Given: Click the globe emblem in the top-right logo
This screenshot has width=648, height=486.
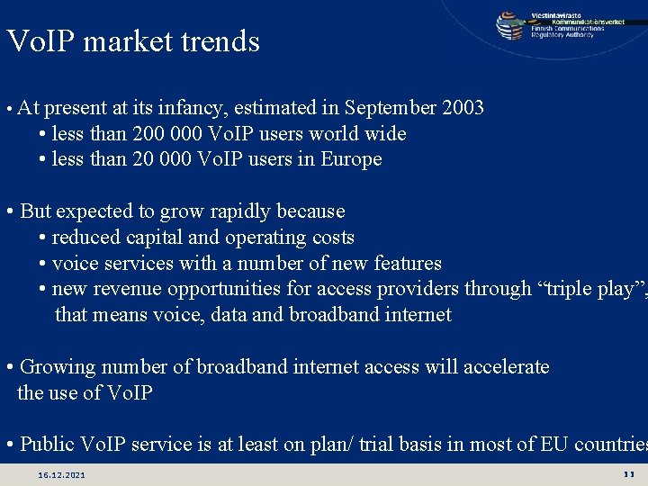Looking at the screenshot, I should coord(510,25).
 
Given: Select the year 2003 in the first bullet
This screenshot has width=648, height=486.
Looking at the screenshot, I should coord(463,108).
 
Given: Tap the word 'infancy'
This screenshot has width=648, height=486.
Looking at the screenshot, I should coord(193,108).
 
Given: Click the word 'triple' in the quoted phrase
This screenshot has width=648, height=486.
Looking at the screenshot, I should coord(559,289).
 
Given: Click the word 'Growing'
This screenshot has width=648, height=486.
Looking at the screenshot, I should coord(58,367).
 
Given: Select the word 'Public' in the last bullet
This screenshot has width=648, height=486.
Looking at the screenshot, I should coord(48,445).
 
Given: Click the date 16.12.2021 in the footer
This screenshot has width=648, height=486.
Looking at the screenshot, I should coord(62,474).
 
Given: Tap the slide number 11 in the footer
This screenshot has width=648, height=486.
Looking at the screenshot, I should coord(628,473).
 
